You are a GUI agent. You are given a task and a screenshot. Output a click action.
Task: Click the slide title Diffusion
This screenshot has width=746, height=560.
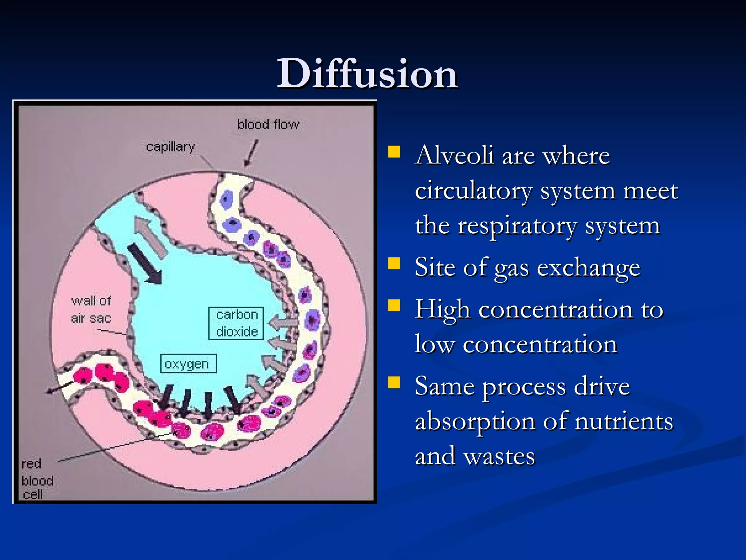click(367, 74)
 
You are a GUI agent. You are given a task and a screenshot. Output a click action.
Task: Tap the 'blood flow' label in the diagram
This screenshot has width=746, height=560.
click(268, 125)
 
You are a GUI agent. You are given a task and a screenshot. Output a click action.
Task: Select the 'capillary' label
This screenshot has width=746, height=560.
click(170, 147)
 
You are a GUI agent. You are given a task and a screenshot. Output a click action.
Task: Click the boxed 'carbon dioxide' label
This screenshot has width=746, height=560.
click(236, 323)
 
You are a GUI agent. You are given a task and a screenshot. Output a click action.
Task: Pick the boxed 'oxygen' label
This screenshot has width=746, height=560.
click(188, 363)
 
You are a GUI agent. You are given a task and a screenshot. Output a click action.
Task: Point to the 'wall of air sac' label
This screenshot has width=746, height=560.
click(91, 310)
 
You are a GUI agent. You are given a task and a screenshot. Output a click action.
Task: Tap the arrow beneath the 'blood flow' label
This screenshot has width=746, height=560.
click(251, 153)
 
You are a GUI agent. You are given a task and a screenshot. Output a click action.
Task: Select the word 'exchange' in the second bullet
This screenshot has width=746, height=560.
click(589, 268)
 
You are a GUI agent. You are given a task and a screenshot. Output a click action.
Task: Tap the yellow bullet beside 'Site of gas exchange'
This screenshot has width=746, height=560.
click(394, 263)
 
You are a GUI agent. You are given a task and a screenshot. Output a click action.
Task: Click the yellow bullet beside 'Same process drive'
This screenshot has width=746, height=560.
click(394, 383)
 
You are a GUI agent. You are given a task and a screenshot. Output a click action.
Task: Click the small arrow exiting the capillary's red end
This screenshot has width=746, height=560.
click(58, 387)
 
